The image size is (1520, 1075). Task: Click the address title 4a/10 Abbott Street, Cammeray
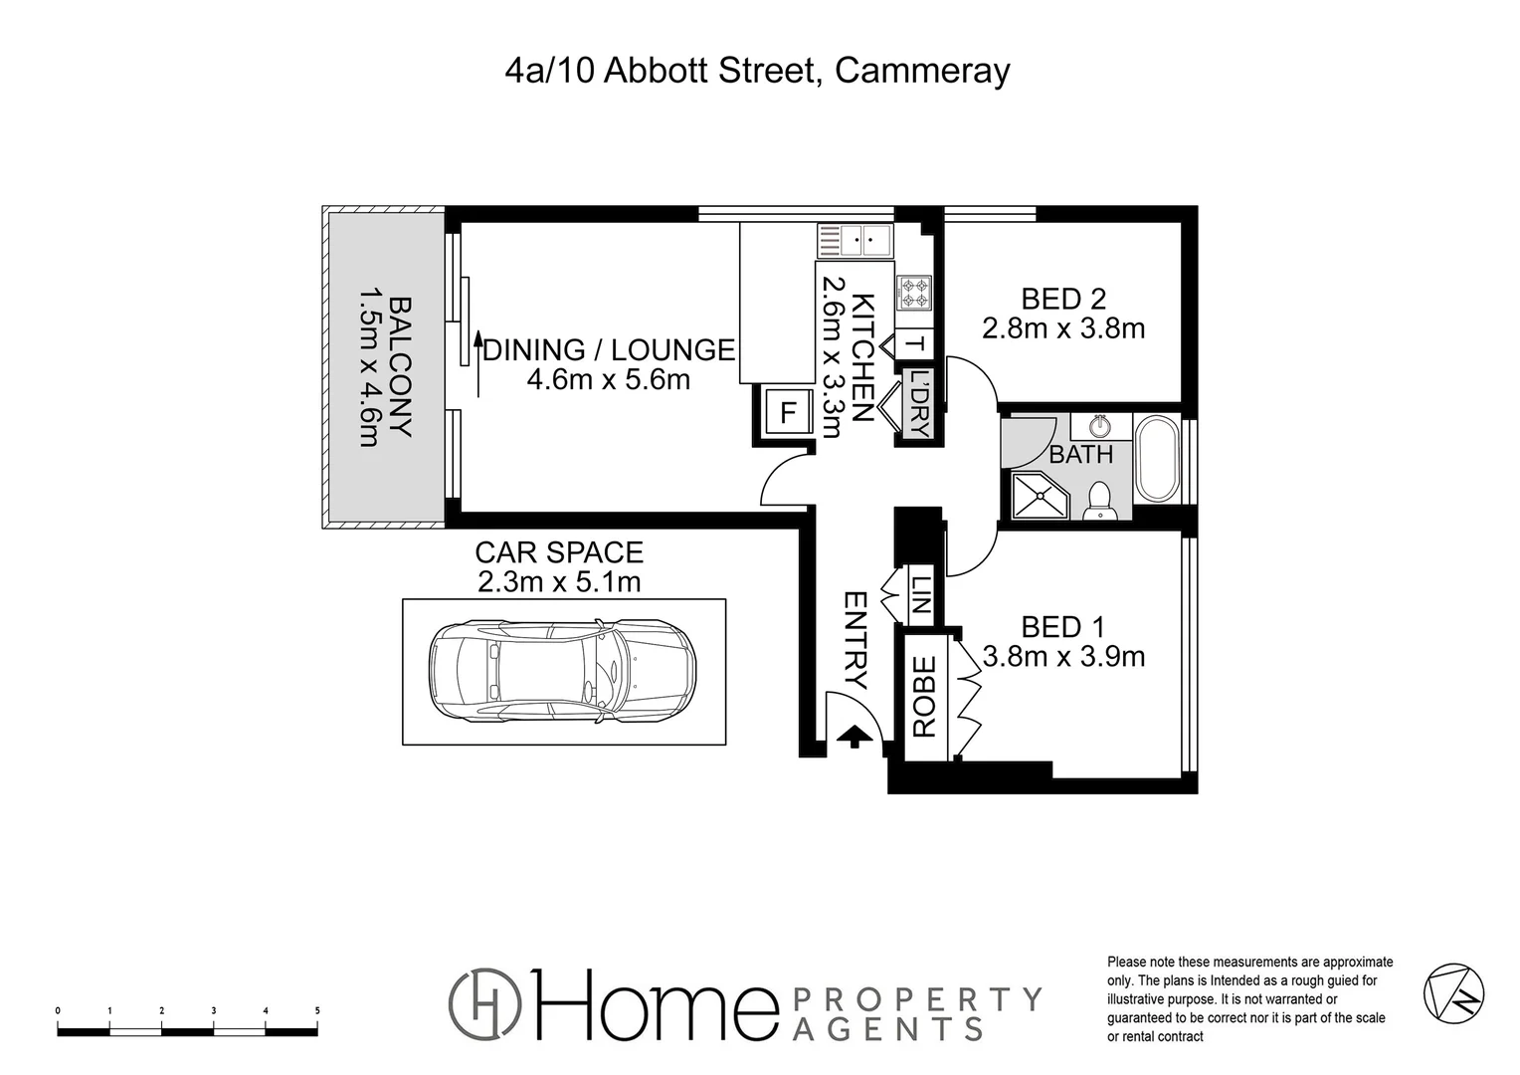click(x=758, y=72)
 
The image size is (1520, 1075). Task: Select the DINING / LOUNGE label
click(x=609, y=350)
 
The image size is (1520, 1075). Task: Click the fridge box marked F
click(x=788, y=412)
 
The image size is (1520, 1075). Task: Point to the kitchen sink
click(x=855, y=240)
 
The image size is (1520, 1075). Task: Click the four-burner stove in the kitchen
click(x=914, y=293)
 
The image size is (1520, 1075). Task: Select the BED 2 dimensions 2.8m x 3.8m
click(x=1063, y=328)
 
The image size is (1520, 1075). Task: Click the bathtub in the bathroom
click(x=1156, y=460)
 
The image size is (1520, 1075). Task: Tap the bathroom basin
click(x=1100, y=427)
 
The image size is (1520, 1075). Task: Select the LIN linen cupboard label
click(x=921, y=595)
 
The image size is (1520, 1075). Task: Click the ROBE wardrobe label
click(x=924, y=696)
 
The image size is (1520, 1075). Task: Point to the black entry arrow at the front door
click(x=853, y=737)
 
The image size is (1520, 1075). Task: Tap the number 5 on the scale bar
click(x=317, y=1010)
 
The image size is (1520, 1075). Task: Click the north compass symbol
click(x=1454, y=993)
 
